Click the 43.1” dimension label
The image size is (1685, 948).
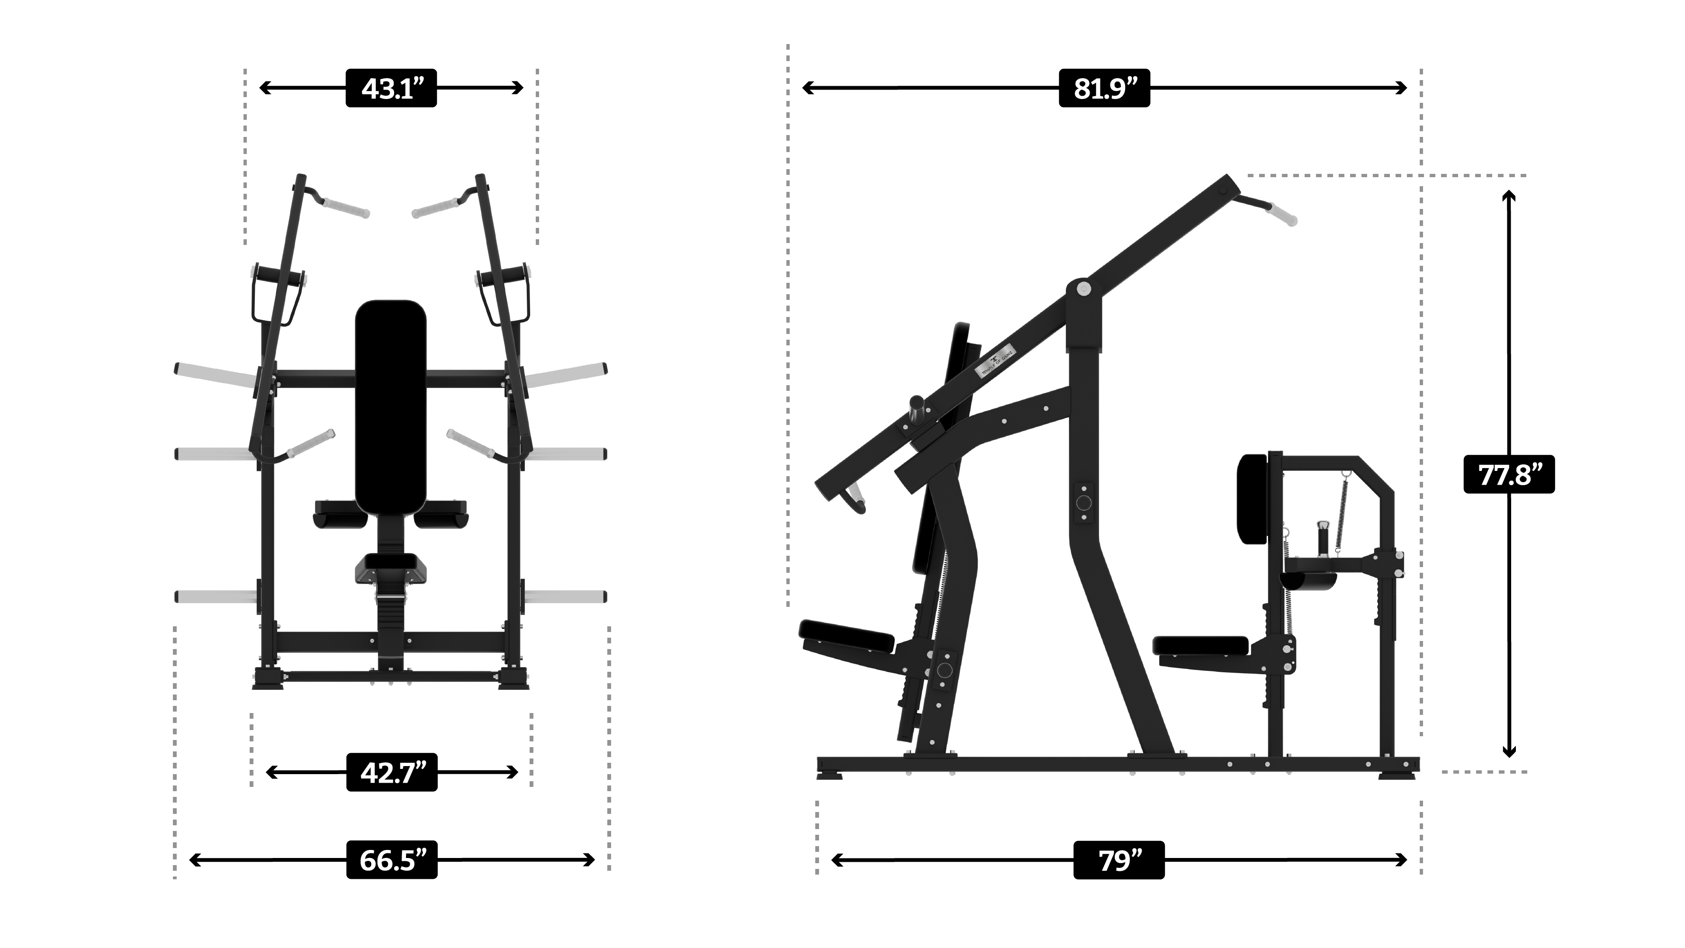(x=390, y=88)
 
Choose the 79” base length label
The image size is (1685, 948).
(x=1118, y=860)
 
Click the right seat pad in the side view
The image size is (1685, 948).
(x=1200, y=645)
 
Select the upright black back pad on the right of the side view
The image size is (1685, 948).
(x=1252, y=498)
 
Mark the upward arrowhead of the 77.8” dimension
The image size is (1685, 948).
(x=1508, y=196)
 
